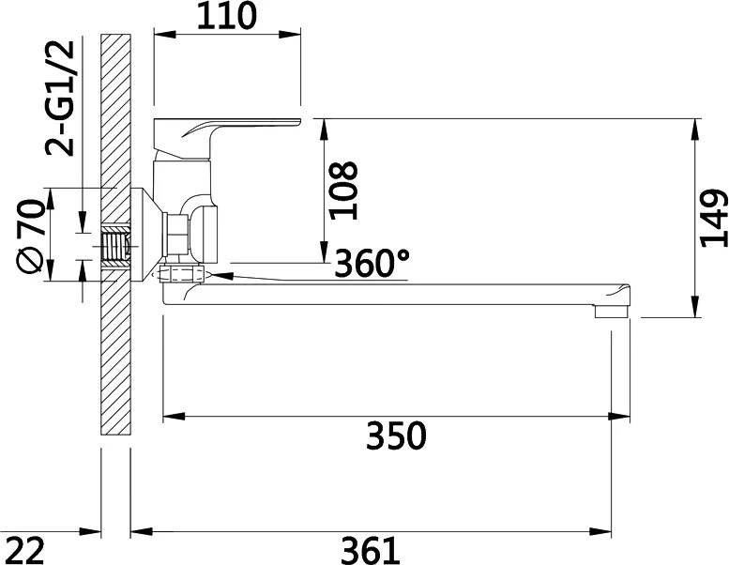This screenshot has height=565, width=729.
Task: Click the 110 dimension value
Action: click(x=227, y=16)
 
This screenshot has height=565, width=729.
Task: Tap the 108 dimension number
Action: click(x=343, y=191)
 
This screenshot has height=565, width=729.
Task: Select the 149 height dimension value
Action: click(x=713, y=218)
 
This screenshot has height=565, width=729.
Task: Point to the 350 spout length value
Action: click(x=396, y=435)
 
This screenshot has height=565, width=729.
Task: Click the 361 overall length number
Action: click(x=371, y=550)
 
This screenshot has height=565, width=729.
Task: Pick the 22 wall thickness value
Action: click(x=26, y=550)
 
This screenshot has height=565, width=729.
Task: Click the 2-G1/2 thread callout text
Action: click(x=60, y=99)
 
